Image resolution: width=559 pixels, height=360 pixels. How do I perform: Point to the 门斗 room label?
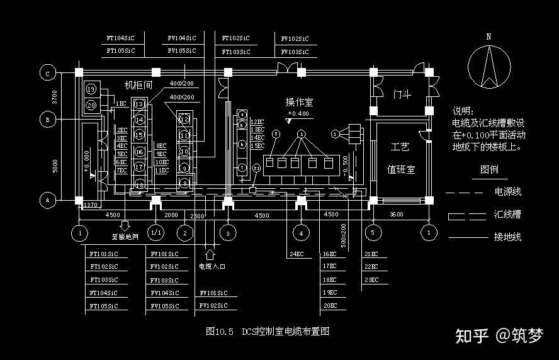(402, 94)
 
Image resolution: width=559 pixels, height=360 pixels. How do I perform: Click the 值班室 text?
(400, 170)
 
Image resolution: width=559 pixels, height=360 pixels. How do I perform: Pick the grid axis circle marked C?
(47, 74)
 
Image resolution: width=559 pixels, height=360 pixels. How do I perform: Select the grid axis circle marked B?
(47, 120)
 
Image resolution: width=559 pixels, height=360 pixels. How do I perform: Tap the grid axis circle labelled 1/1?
(155, 232)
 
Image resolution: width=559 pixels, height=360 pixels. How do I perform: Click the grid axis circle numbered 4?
(301, 232)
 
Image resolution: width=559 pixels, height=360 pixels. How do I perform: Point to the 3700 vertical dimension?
(55, 96)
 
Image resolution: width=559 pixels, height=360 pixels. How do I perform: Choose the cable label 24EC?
(296, 254)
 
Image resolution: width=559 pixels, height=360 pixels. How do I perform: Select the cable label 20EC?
(330, 305)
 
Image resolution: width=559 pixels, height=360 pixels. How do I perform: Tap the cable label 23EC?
(371, 279)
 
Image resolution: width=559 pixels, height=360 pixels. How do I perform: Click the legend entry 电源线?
(507, 192)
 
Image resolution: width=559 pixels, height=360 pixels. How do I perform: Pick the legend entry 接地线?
(507, 237)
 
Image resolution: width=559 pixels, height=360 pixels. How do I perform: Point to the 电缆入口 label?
(212, 266)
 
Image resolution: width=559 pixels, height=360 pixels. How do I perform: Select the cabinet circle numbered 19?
(91, 89)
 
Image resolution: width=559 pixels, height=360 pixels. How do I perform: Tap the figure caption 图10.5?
(220, 332)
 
